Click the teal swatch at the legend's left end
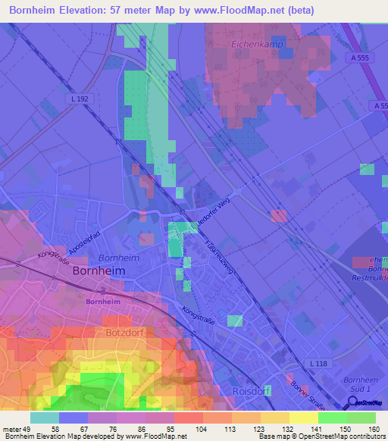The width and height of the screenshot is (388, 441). [x=45, y=418]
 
